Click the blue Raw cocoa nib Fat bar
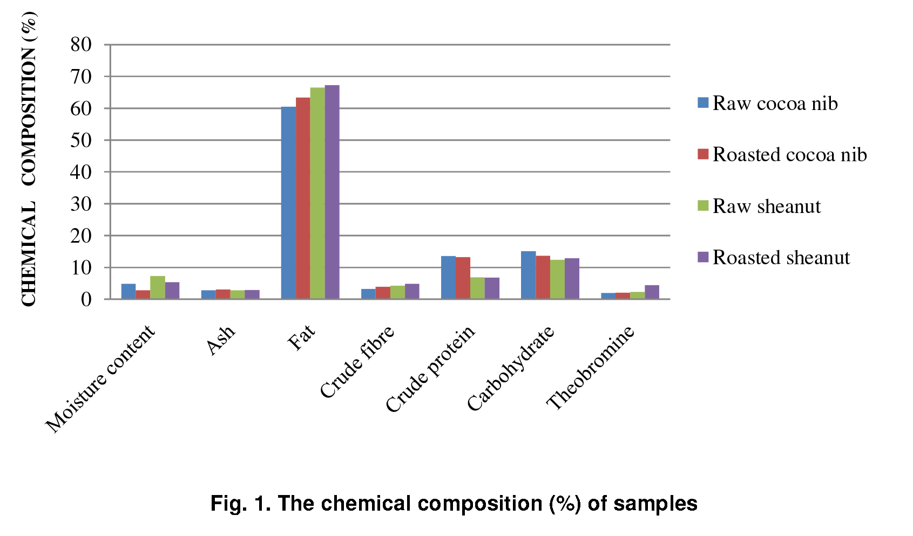[288, 203]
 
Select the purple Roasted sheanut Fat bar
[332, 192]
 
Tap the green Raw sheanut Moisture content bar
[158, 287]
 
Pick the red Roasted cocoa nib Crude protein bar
[463, 278]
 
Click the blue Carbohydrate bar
[528, 275]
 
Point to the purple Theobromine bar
[652, 292]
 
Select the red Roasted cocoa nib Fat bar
[303, 198]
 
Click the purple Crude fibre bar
[412, 291]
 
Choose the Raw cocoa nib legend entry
[767, 103]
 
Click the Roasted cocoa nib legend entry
[782, 155]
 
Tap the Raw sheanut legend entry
[759, 206]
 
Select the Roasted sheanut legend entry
[773, 258]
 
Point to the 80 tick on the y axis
[81, 45]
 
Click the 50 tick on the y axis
[81, 140]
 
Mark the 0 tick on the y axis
[86, 299]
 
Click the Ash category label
[221, 340]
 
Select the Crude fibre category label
[357, 362]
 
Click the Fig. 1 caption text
[454, 503]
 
